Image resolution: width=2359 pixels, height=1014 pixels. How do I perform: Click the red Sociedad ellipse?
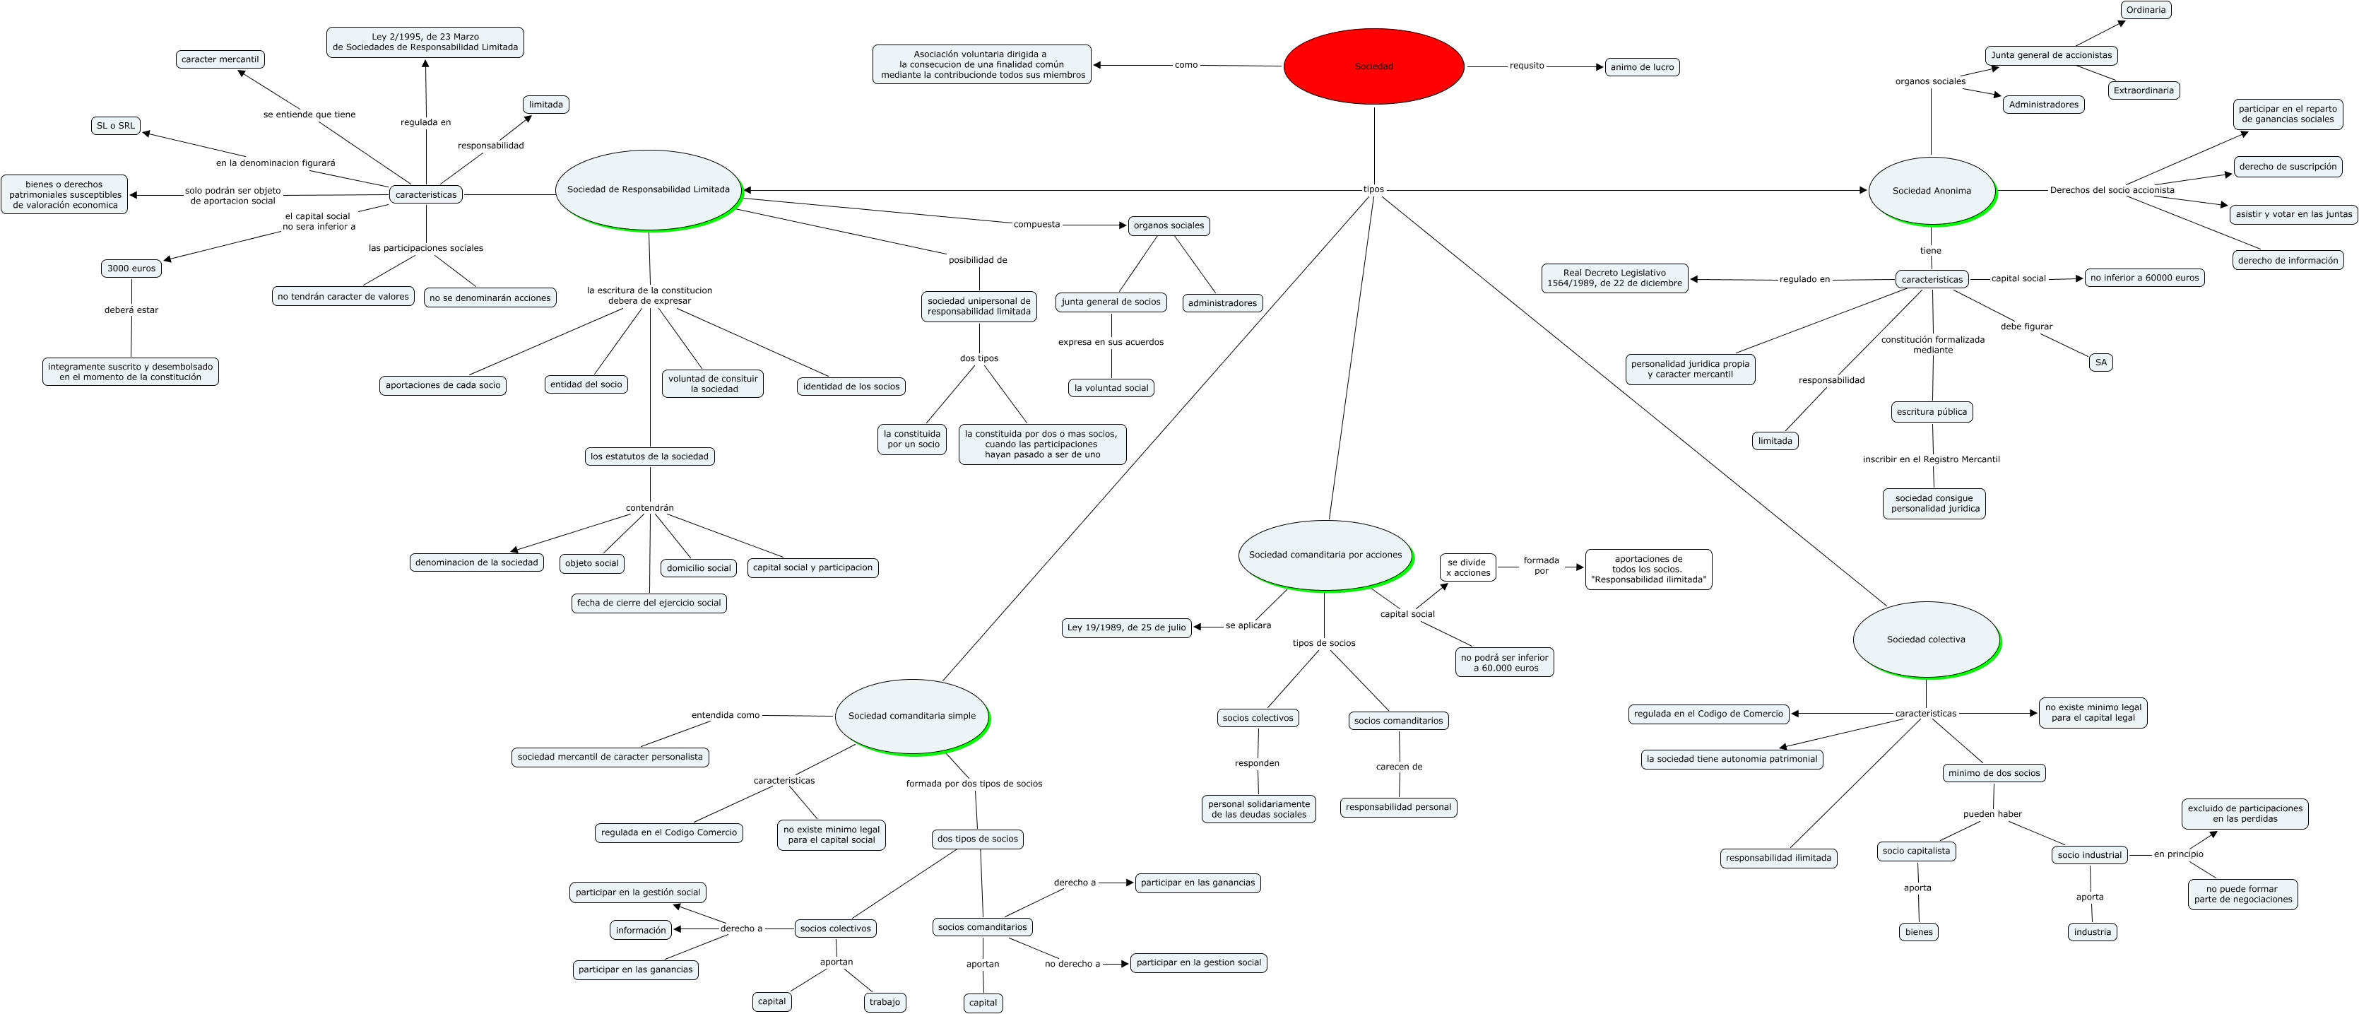tap(1373, 66)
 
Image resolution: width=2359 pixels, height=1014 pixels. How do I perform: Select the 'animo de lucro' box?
tap(1642, 67)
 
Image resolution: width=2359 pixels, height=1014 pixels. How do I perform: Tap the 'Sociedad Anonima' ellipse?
tap(1932, 191)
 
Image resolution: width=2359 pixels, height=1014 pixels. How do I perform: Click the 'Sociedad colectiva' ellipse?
tap(1926, 639)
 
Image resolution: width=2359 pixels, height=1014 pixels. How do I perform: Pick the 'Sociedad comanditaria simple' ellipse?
tap(911, 715)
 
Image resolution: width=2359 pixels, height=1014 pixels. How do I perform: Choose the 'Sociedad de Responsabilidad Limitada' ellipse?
tap(649, 189)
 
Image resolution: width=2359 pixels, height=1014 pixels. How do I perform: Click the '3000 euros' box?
tap(131, 269)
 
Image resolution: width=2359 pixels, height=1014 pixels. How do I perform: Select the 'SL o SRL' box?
tap(115, 126)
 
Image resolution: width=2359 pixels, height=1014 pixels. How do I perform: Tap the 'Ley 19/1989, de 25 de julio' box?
tap(1126, 627)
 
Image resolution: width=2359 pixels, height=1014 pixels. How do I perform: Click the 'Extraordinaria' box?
tap(2143, 90)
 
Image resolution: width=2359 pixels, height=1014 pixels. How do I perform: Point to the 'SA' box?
tap(2100, 362)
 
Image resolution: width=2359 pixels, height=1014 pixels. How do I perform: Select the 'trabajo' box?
tap(885, 1002)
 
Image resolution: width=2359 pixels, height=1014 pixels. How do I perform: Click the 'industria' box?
tap(2093, 931)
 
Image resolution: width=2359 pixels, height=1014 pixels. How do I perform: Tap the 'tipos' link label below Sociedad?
tap(1373, 189)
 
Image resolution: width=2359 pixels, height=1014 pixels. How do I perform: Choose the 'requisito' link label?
tap(1527, 66)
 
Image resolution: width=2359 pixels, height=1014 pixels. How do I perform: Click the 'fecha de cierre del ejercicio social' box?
tap(649, 603)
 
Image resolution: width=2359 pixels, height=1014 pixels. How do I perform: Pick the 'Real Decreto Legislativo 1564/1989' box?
tap(1614, 278)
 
